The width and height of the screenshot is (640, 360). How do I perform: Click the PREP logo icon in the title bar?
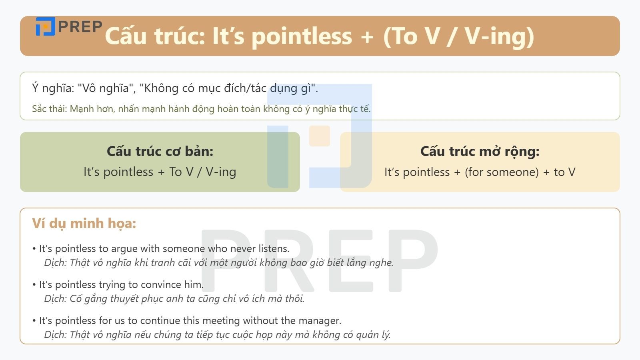pyautogui.click(x=45, y=26)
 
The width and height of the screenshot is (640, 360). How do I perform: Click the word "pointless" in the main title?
pyautogui.click(x=302, y=36)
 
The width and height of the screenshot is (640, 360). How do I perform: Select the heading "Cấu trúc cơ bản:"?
pyautogui.click(x=160, y=151)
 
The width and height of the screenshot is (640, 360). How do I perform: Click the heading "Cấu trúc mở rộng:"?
pyautogui.click(x=480, y=151)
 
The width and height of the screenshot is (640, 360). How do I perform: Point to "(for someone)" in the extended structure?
pyautogui.click(x=502, y=172)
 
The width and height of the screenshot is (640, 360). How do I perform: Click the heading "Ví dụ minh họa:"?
pyautogui.click(x=84, y=223)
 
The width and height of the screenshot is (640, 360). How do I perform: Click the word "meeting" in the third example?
pyautogui.click(x=221, y=321)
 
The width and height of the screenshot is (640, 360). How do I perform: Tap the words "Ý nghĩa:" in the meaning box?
pyautogui.click(x=53, y=88)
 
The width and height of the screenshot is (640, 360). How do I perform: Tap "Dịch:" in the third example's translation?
pyautogui.click(x=55, y=335)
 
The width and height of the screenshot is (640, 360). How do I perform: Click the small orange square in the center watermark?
pyautogui.click(x=320, y=136)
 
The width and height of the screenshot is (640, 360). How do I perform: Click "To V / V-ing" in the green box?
pyautogui.click(x=203, y=172)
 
